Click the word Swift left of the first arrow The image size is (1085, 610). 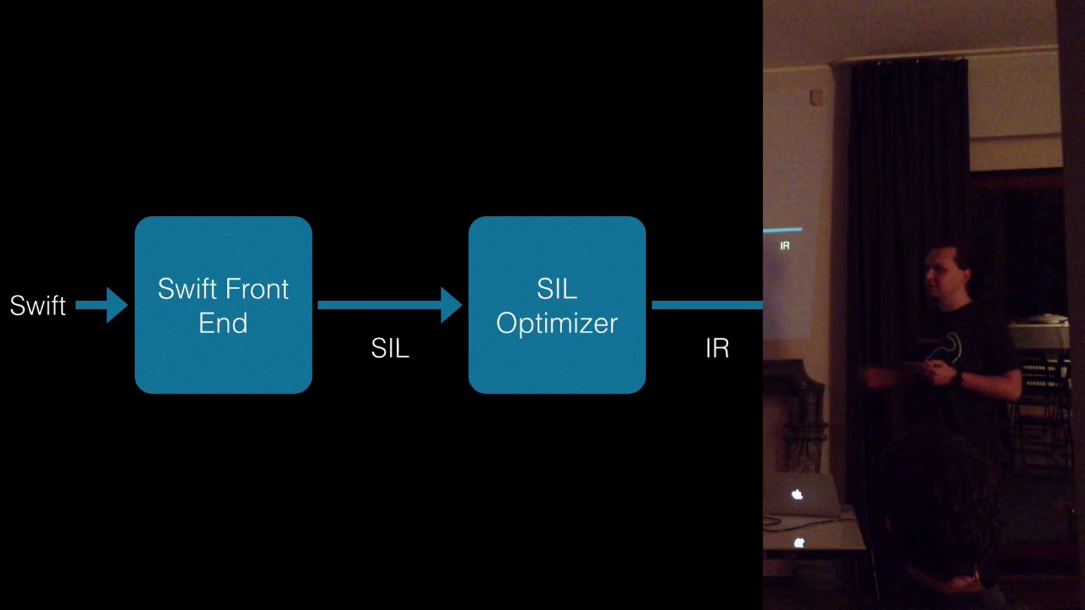click(37, 306)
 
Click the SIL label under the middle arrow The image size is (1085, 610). click(390, 348)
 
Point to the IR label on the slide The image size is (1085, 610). click(717, 348)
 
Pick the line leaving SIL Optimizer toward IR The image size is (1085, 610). click(707, 305)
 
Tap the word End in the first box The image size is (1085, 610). click(223, 323)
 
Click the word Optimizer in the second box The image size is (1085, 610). click(557, 323)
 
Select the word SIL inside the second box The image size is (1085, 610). click(557, 289)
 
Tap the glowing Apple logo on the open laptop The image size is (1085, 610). click(797, 495)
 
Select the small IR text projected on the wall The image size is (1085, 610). click(785, 246)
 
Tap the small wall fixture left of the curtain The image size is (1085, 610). click(816, 97)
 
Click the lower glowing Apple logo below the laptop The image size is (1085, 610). click(798, 543)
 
